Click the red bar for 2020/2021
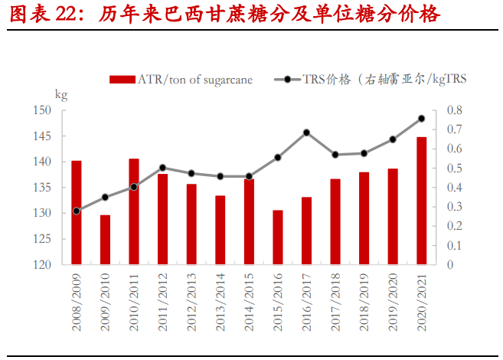[x=421, y=201]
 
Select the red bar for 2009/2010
[x=105, y=240]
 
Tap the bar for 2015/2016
[x=278, y=237]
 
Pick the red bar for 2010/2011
[x=134, y=211]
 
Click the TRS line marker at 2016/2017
[x=306, y=133]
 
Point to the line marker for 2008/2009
[x=77, y=211]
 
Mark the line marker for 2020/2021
[x=421, y=119]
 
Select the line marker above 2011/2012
[x=162, y=168]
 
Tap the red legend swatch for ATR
[x=122, y=79]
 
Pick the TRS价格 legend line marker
[x=287, y=79]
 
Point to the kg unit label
[x=61, y=94]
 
